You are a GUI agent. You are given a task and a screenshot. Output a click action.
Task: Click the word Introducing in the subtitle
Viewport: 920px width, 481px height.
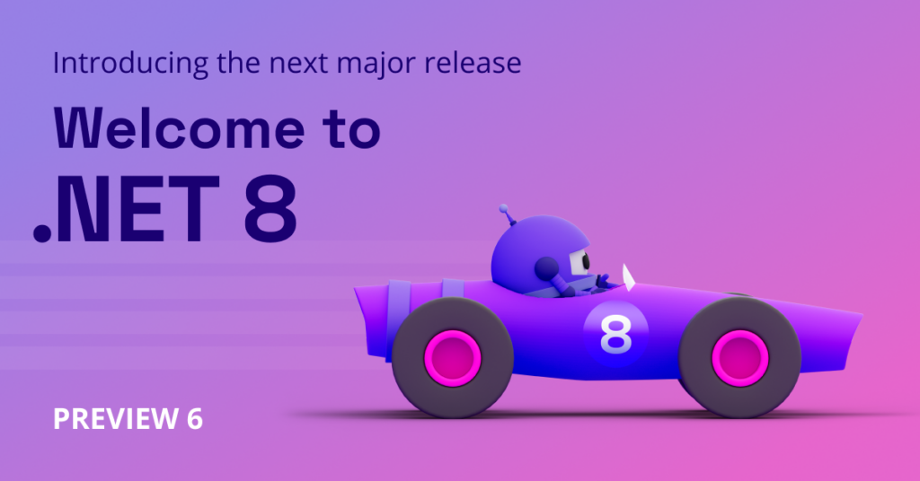[130, 64]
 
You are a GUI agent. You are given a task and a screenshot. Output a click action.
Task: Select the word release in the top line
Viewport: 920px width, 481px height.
[473, 62]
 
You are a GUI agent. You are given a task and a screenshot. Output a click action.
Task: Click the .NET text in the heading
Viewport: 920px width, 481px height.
[127, 208]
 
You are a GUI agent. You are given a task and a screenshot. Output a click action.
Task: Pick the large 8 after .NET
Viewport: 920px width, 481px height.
[270, 208]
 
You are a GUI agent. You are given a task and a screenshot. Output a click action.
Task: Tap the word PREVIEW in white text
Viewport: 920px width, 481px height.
[116, 419]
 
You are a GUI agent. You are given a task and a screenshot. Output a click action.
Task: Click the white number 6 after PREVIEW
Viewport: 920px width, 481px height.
[195, 419]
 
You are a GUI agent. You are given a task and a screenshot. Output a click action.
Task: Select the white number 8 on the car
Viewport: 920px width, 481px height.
[615, 335]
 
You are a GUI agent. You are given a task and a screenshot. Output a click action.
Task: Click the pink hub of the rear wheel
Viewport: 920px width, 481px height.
[453, 358]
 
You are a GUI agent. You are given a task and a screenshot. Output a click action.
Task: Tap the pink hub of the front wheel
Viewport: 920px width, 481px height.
[740, 358]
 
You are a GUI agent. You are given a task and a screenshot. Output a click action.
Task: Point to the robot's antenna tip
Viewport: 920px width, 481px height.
[503, 208]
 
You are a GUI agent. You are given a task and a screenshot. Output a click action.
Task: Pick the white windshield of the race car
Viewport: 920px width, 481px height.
[628, 277]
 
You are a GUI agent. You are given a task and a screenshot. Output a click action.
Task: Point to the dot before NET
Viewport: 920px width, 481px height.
[42, 232]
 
